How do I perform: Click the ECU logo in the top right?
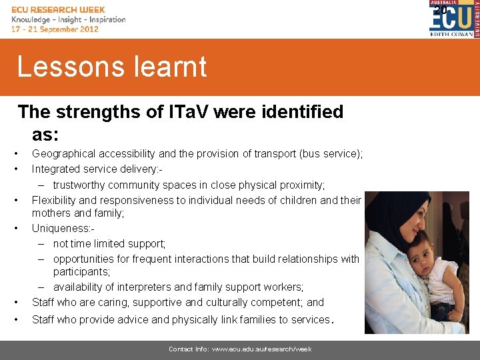[451, 19]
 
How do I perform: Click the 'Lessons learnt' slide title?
[112, 67]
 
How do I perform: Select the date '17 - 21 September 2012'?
[55, 29]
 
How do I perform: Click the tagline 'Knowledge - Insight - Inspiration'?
[68, 19]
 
